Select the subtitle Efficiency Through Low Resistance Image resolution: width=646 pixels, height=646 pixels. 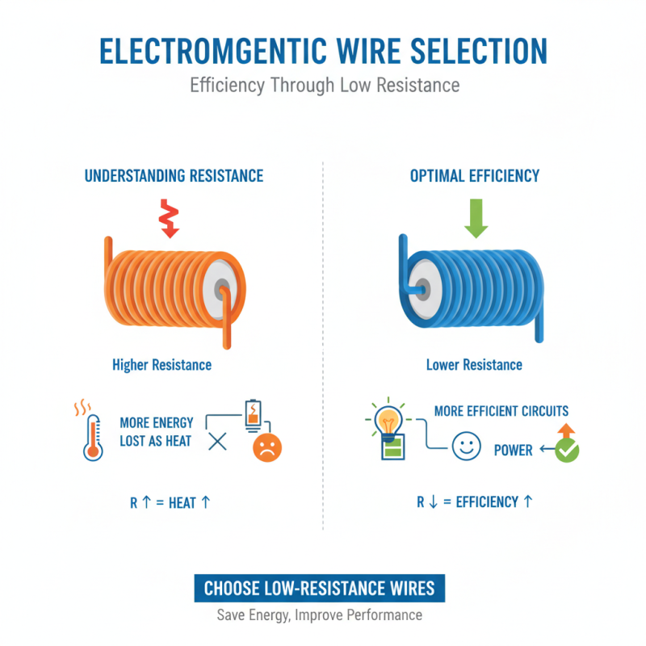pos(322,85)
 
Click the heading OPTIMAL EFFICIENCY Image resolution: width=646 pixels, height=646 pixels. pos(474,175)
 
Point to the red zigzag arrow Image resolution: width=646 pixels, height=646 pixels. pos(168,216)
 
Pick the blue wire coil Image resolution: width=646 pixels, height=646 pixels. pos(472,287)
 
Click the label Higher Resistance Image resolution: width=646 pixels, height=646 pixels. pos(162,365)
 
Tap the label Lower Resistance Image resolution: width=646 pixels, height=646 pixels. pos(474,365)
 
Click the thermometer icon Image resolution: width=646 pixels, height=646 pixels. pos(93,436)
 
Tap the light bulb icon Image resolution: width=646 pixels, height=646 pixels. pos(390,422)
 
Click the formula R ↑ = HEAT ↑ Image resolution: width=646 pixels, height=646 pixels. pos(170,502)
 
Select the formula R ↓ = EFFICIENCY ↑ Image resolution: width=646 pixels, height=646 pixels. pos(475,502)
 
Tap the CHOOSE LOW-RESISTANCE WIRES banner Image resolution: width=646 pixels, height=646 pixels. pos(319,588)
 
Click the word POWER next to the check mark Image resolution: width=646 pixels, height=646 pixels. pos(514,450)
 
